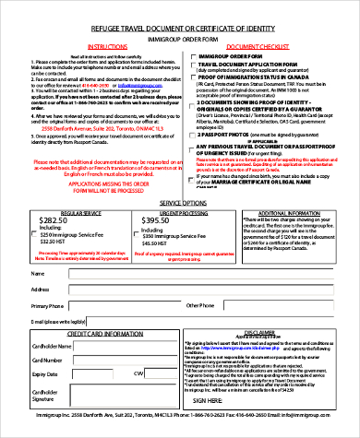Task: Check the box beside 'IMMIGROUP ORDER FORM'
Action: click(x=192, y=56)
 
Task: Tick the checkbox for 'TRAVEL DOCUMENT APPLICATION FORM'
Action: click(x=192, y=64)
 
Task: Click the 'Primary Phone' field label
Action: click(x=48, y=304)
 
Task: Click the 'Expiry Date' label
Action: click(x=46, y=373)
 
